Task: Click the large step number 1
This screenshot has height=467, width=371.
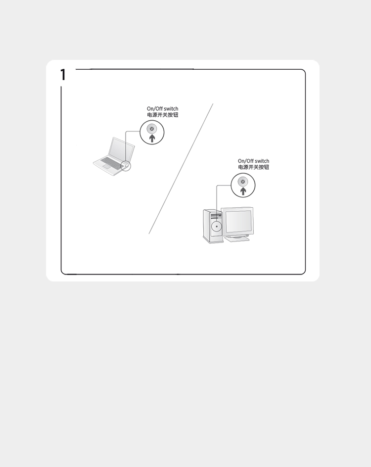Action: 63,75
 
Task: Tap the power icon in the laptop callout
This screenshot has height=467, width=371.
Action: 152,129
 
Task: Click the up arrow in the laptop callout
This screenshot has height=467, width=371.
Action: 152,138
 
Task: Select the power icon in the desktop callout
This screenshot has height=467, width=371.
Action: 243,182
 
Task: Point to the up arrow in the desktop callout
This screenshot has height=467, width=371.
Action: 243,191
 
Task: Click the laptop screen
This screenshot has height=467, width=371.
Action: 120,150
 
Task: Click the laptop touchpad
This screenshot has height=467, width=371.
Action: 106,167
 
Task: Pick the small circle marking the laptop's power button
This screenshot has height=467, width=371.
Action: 126,166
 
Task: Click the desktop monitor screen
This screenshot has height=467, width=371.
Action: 238,221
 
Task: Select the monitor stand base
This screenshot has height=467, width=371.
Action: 237,238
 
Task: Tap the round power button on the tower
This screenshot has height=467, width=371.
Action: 217,227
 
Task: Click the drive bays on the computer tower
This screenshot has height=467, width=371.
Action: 216,215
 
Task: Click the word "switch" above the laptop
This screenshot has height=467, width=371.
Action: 171,109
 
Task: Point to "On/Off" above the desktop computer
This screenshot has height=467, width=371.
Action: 245,161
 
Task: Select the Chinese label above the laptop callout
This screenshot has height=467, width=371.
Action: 162,115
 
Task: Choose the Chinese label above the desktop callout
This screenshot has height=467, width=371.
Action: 253,167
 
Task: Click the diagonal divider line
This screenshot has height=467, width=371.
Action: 181,169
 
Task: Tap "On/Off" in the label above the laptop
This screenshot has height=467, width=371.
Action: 154,109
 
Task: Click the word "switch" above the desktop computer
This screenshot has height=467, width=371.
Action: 262,161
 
